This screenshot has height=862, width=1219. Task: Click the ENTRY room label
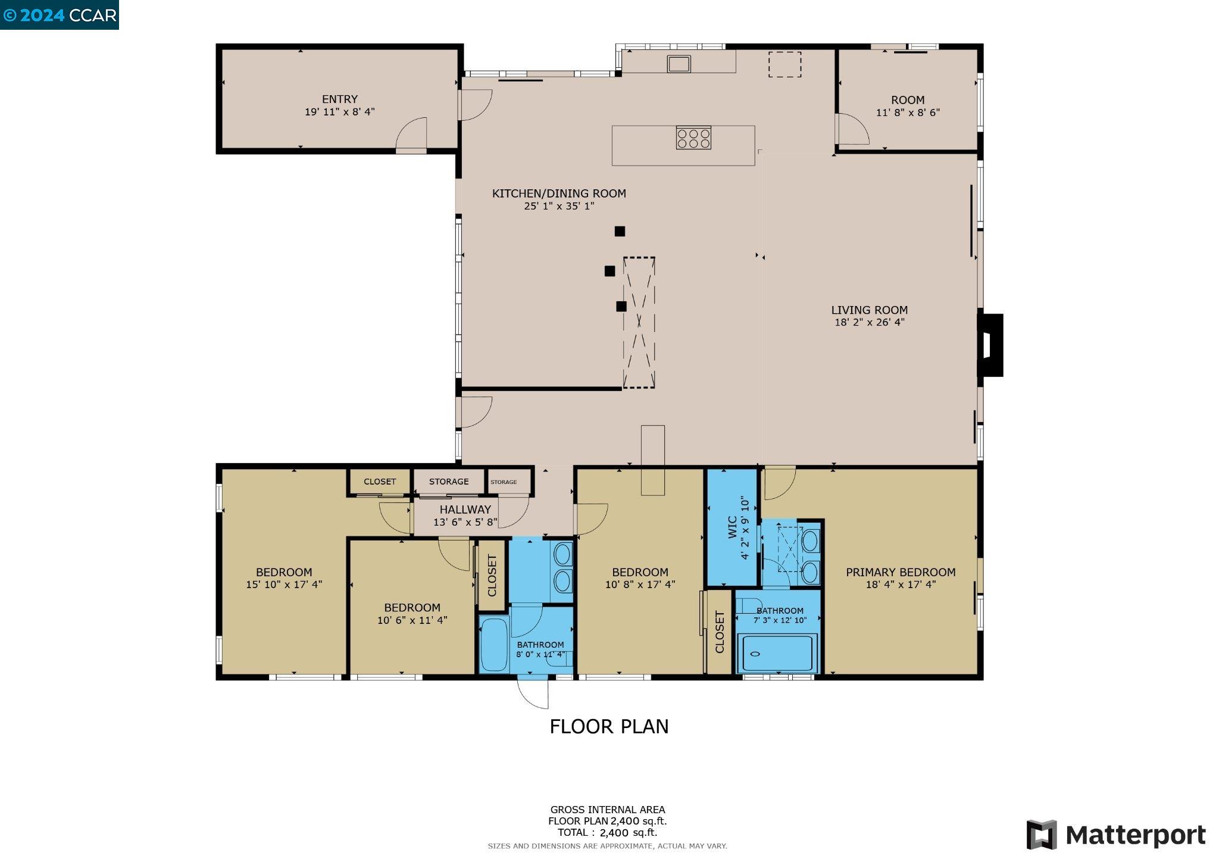pos(339,99)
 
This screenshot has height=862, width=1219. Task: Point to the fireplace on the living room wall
pos(990,345)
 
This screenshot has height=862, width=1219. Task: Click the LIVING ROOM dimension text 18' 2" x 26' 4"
pos(869,323)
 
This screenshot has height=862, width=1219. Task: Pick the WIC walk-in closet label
pos(732,527)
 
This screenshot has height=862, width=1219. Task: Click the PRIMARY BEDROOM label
pos(900,572)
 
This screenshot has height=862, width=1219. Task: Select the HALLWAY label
pos(465,510)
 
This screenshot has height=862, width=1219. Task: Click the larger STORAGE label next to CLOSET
pos(449,482)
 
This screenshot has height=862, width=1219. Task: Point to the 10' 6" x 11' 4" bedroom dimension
pos(412,620)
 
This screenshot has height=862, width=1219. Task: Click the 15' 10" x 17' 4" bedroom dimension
pos(284,585)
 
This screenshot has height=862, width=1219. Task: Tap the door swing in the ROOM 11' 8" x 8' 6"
pos(854,129)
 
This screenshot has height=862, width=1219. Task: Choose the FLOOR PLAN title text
pos(608,727)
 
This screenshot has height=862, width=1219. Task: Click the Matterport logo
pos(1115,835)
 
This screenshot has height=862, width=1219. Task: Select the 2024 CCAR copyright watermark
pos(60,15)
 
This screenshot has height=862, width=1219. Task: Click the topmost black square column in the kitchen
pos(620,232)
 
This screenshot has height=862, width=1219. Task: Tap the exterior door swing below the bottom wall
pos(533,693)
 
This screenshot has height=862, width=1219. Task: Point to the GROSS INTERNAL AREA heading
pos(607,810)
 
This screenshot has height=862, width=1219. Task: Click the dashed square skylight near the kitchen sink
pos(784,64)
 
